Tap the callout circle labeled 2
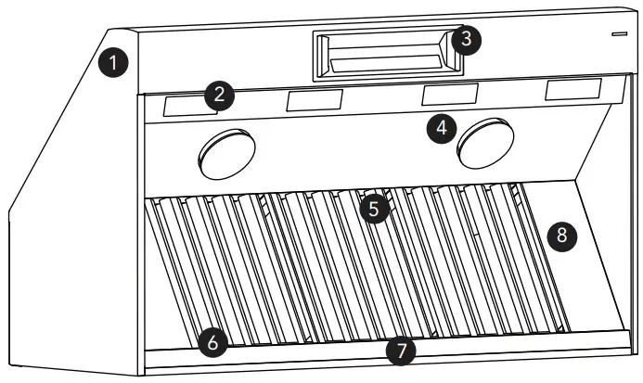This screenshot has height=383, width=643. tap(220, 94)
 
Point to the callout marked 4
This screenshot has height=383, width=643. tap(442, 128)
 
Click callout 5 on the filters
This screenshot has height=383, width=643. tap(374, 209)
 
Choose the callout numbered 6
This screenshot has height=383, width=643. tap(212, 342)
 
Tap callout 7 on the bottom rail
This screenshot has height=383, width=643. tap(401, 350)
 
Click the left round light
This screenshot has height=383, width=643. tap(226, 154)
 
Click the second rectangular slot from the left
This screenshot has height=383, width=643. tap(314, 100)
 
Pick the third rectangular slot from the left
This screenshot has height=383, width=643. tap(450, 94)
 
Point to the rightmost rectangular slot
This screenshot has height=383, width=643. tap(573, 89)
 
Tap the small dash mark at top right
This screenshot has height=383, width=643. tap(618, 34)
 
